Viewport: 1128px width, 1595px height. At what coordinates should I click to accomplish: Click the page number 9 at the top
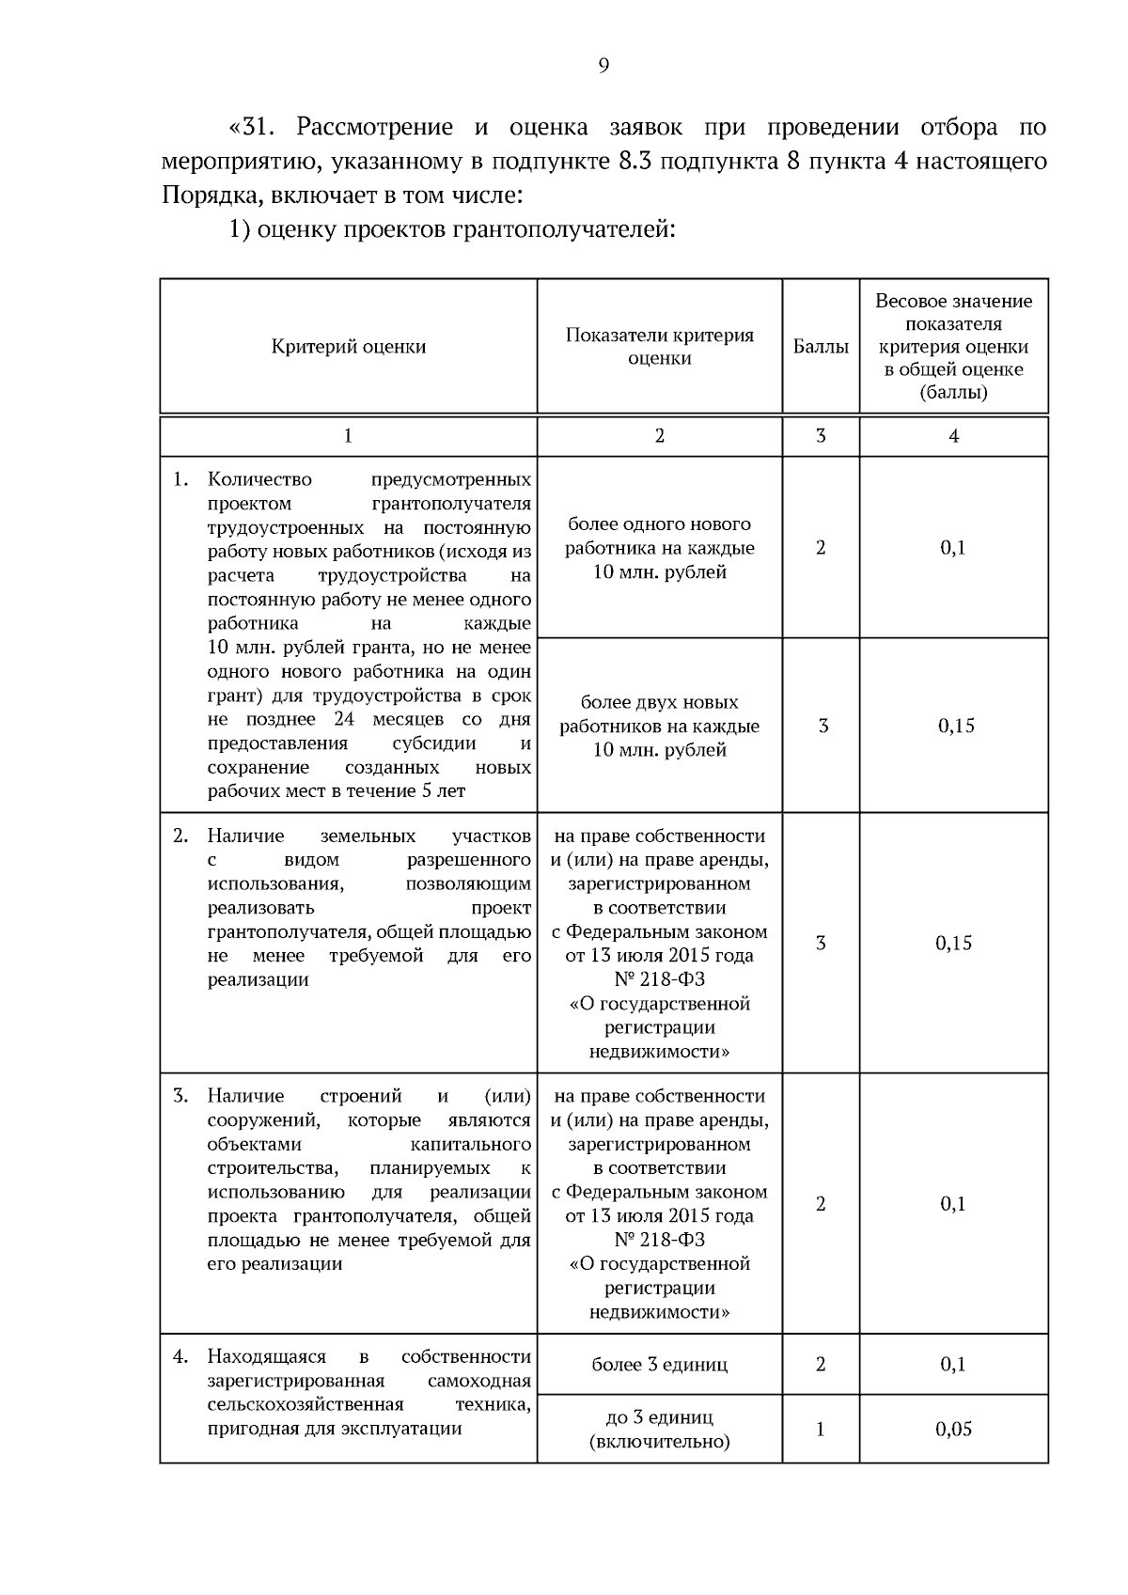603,65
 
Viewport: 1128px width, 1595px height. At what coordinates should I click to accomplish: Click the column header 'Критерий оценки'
349,347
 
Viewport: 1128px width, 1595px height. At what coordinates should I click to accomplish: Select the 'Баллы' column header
821,347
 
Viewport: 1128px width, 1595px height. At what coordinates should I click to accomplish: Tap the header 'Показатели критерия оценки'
659,347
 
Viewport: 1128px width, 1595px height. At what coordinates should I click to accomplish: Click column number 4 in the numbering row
954,436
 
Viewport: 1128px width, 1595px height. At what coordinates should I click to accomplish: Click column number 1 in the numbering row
349,436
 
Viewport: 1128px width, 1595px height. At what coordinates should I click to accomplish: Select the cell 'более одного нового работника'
659,548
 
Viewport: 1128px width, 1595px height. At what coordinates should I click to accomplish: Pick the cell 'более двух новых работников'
659,726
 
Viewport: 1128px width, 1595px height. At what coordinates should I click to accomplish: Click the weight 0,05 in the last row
953,1430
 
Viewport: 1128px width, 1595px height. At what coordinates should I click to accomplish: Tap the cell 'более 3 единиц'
659,1365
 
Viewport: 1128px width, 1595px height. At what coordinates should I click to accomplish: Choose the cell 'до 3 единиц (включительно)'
659,1430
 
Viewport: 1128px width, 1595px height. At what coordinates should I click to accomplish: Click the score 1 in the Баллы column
821,1430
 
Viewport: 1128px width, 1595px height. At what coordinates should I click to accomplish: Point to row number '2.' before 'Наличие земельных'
180,836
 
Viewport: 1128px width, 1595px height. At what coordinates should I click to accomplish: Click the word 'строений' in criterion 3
361,1096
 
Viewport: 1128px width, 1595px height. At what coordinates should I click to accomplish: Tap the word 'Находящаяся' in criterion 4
266,1356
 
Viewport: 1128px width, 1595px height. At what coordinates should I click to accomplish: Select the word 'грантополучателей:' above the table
581,229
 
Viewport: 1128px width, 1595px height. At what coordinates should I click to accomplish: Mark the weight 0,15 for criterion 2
953,944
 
